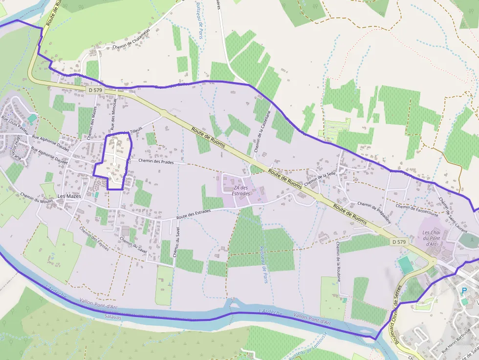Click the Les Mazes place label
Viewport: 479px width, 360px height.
[68, 196]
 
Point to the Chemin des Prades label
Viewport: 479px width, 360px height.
[156, 161]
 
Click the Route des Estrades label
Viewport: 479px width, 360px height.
[193, 213]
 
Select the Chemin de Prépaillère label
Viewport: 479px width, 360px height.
[374, 212]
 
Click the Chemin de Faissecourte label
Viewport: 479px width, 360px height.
[417, 210]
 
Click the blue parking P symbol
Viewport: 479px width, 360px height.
[464, 291]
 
